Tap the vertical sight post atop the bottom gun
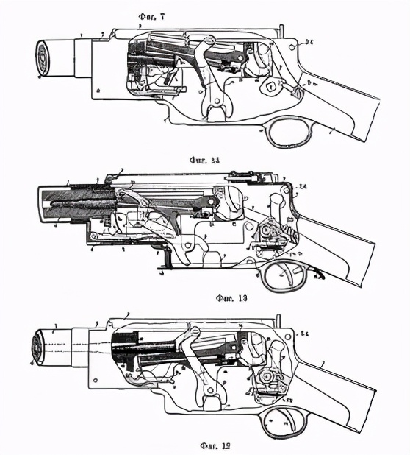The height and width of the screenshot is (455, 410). pos(278,321)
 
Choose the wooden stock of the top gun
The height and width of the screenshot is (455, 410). pos(345,110)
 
